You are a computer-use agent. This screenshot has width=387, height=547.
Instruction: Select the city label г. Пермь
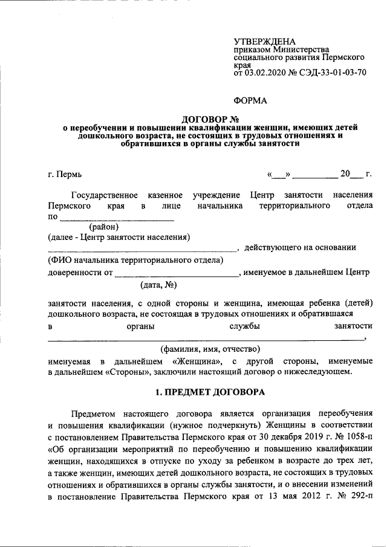64,175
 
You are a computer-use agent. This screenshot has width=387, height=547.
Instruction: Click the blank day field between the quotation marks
279,175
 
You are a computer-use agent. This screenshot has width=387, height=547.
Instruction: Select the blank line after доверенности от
178,273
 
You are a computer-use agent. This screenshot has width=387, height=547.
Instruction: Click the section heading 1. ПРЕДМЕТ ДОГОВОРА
210,392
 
